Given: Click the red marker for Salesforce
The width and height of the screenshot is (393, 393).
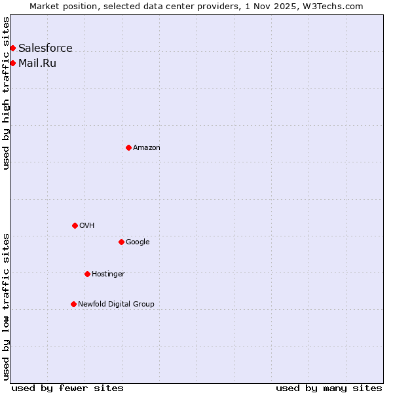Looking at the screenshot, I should (12, 48).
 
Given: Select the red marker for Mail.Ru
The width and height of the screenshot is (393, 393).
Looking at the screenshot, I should (12, 63).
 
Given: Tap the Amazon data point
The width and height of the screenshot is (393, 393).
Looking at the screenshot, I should (128, 147).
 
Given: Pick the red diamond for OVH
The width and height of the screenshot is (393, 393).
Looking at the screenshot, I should (75, 225).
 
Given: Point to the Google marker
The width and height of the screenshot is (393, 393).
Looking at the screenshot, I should (121, 242).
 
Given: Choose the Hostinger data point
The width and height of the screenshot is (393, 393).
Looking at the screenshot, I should (87, 274).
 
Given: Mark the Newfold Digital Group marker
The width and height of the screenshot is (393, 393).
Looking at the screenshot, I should (73, 304).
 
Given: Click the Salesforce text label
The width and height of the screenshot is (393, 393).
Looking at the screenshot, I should (45, 48).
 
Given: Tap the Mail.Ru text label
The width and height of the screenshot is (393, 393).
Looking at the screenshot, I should (37, 63).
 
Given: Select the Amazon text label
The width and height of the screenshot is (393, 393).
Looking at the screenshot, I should (147, 147).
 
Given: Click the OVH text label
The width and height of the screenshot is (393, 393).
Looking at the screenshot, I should (87, 225).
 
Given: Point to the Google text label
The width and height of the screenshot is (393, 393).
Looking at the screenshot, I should (138, 242).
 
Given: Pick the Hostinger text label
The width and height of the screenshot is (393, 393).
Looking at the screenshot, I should (108, 274).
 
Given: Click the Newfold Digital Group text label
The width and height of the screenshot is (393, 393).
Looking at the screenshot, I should (116, 304).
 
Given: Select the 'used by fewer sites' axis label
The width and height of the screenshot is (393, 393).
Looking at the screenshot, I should (67, 388).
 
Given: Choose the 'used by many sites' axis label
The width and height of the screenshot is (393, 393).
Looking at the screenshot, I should (329, 388).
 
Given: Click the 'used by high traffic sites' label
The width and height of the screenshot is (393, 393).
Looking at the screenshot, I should (6, 93).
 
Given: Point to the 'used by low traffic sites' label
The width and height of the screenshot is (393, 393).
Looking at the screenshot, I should (6, 307).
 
